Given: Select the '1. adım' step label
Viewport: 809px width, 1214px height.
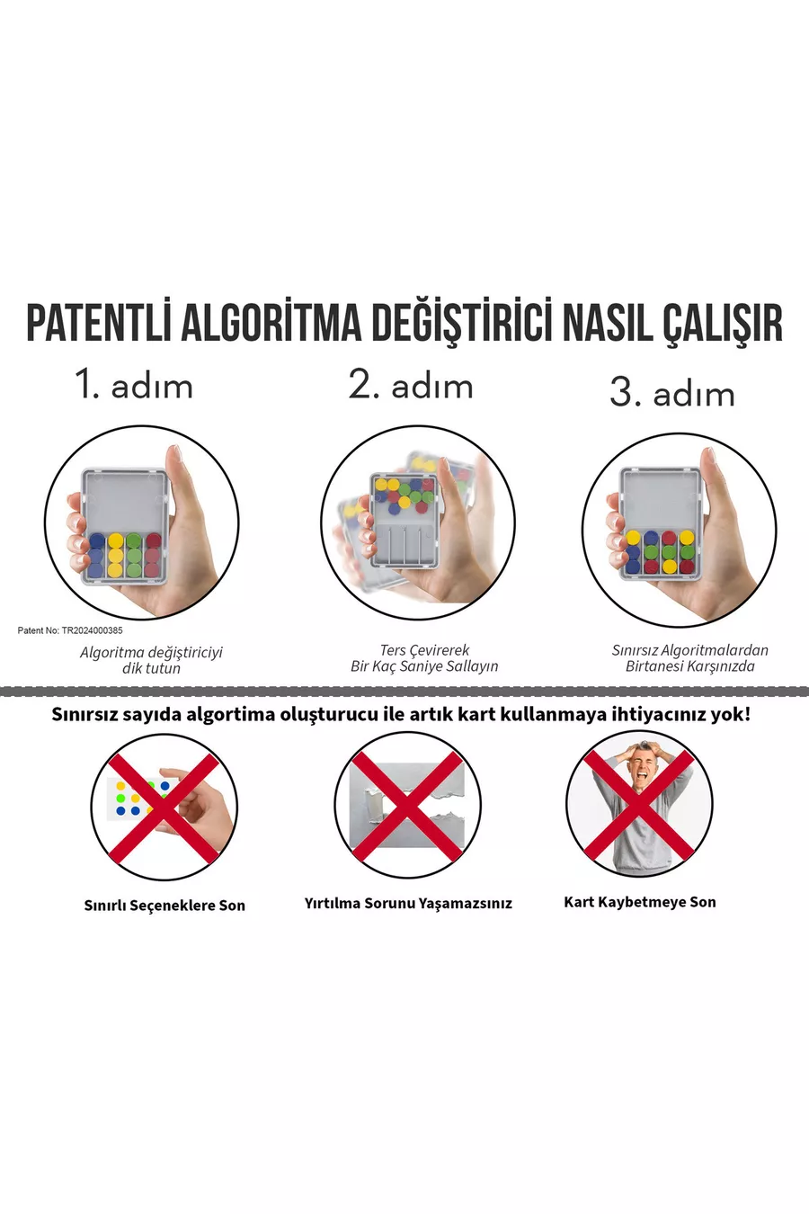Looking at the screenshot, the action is [133, 384].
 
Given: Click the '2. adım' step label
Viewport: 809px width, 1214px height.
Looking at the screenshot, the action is [411, 384].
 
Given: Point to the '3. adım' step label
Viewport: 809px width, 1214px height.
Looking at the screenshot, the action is [671, 391].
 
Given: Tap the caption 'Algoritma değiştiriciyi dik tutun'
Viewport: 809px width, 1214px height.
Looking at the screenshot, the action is [151, 659].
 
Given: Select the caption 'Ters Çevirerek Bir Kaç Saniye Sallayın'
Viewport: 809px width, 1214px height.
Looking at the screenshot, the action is [424, 658].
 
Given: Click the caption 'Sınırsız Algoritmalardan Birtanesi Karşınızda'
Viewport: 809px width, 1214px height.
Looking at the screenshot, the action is [689, 658].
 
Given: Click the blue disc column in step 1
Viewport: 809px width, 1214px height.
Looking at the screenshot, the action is [97, 555].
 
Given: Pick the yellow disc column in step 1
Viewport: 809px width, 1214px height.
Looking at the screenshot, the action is [115, 555].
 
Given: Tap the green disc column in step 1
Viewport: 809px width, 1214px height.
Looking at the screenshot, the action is [134, 555].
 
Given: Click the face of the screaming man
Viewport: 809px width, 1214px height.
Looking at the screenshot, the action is [644, 769].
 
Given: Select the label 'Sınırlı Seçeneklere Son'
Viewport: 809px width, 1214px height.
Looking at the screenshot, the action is [164, 905].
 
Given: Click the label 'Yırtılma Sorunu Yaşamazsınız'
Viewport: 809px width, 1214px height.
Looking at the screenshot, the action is [408, 904].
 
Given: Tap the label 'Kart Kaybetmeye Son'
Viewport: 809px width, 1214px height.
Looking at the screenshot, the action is [640, 902].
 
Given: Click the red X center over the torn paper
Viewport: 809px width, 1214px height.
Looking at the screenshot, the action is [407, 806].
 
